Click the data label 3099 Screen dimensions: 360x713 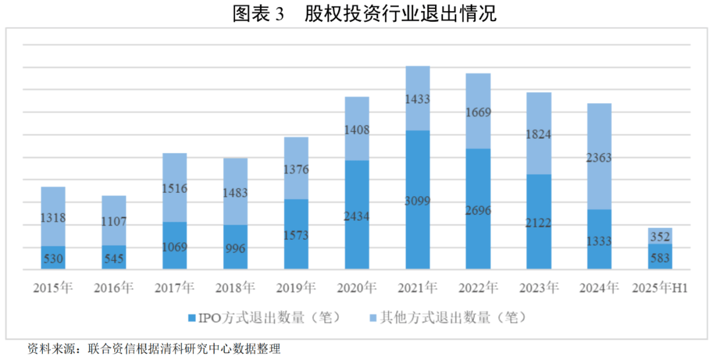(x=417, y=201)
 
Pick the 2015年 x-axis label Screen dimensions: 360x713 (x=53, y=288)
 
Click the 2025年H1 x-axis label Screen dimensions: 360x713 (x=660, y=288)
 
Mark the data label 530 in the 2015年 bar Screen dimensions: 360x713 (x=53, y=259)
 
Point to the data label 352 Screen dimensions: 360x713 (x=660, y=236)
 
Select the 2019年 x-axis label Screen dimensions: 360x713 (x=296, y=288)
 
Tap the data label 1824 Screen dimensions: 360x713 (x=539, y=135)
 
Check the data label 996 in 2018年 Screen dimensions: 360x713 (x=235, y=248)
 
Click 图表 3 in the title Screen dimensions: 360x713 (x=258, y=14)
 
